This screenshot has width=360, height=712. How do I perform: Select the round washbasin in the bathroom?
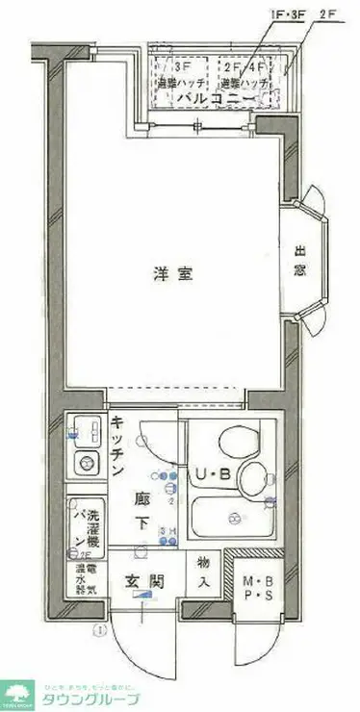pyautogui.click(x=255, y=475)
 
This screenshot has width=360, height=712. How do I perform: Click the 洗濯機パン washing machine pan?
pyautogui.click(x=85, y=527)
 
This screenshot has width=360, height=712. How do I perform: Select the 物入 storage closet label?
pyautogui.click(x=203, y=573)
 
